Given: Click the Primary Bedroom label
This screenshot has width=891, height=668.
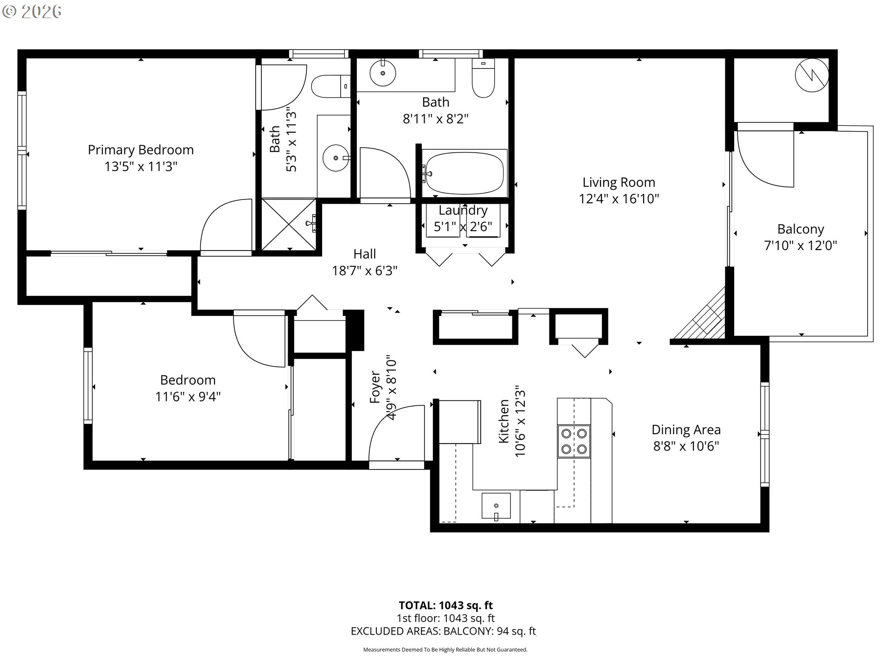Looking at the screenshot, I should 141,150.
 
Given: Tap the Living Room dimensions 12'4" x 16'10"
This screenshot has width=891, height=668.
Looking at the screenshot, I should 619,199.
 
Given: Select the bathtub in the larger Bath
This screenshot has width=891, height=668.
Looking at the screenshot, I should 465,173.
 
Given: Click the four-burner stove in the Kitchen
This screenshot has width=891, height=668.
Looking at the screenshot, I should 574,441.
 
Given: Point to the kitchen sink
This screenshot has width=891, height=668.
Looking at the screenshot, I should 496,506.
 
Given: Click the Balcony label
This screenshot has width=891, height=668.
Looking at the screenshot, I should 801,229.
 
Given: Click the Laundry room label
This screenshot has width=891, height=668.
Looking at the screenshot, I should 463,211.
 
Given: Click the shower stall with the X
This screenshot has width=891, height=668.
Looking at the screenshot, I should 289,225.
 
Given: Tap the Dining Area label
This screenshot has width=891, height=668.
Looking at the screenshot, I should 686,430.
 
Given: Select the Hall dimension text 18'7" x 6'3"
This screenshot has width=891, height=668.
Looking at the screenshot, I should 365,270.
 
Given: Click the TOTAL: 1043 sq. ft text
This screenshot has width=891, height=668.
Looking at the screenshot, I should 445,605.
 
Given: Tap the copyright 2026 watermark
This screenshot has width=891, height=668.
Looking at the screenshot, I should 32,12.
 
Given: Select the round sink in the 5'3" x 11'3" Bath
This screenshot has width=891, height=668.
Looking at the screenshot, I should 335,158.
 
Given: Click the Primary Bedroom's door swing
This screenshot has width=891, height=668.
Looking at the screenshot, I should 226,226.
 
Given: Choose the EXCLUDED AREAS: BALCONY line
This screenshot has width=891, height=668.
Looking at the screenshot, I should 443,631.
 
